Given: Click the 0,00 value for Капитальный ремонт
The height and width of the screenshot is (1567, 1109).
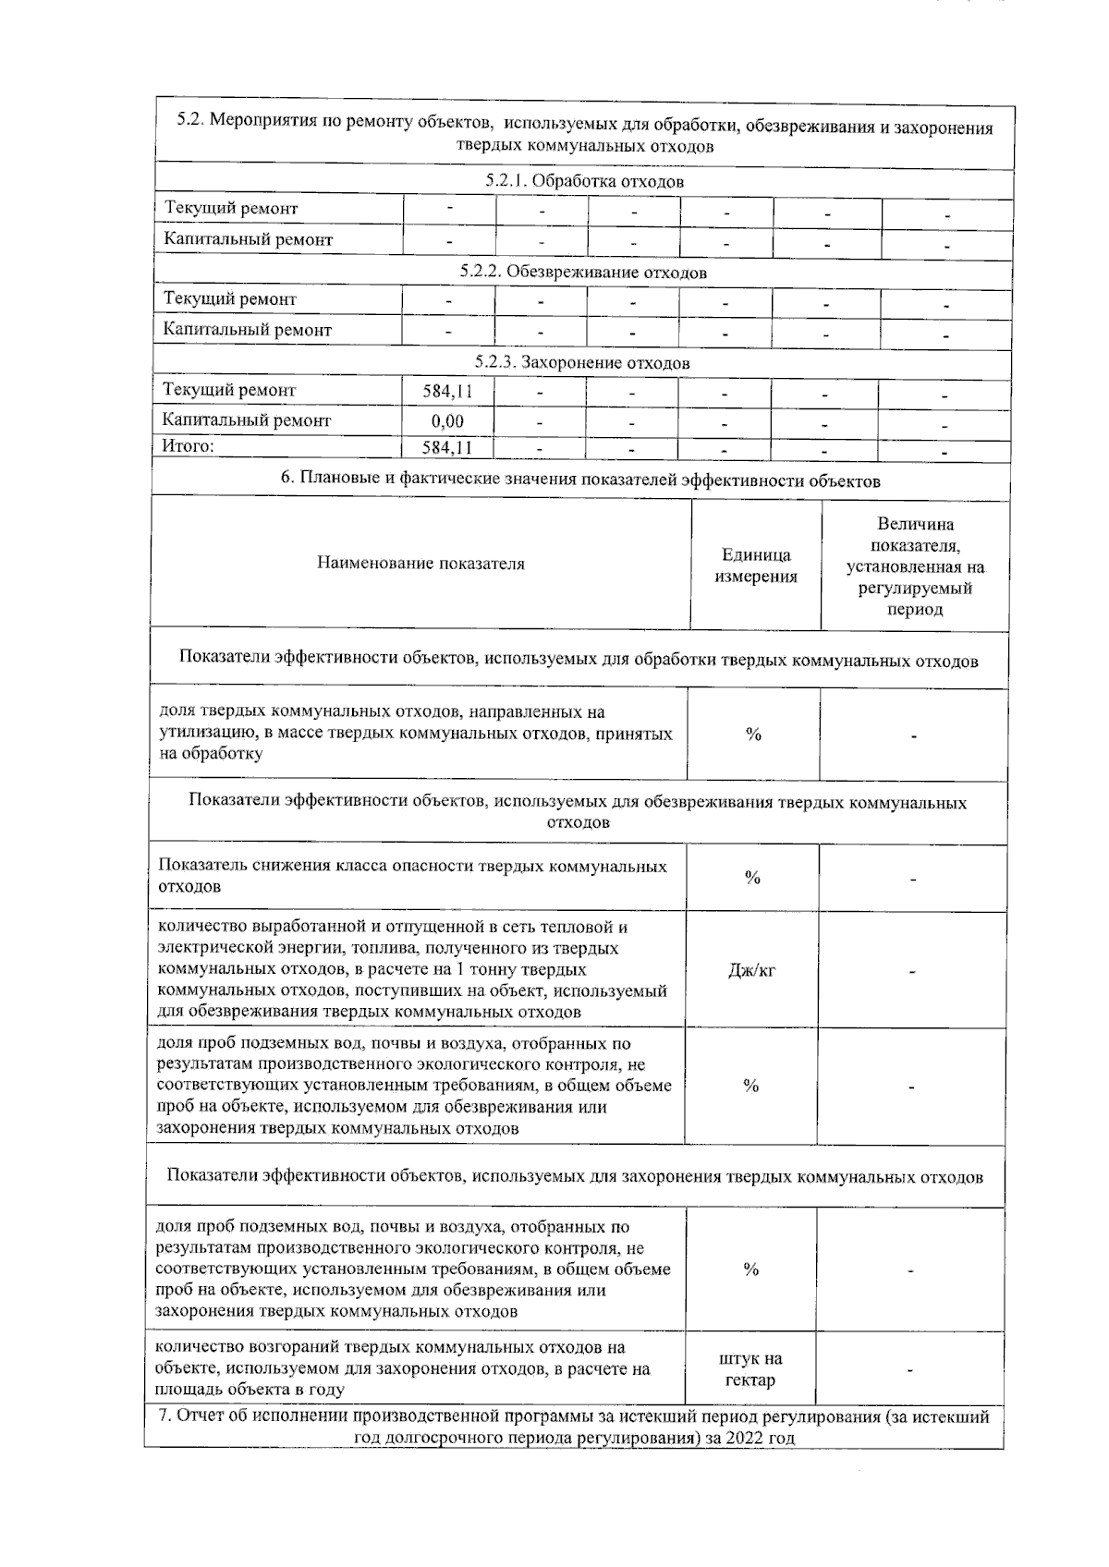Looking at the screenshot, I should [x=447, y=421].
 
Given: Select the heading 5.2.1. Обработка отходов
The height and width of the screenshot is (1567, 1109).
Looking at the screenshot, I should [x=584, y=182].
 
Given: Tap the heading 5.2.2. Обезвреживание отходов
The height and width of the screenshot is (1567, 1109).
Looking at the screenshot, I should [x=583, y=273].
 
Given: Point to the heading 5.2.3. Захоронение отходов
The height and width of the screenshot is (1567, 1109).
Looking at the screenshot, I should [x=582, y=363].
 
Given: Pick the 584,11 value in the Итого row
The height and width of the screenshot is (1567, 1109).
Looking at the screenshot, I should [x=447, y=449].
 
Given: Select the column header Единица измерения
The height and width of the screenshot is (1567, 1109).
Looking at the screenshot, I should [x=756, y=565].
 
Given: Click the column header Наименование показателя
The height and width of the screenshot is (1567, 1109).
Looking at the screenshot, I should [x=420, y=564].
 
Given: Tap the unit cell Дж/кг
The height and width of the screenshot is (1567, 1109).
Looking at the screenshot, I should [x=751, y=971].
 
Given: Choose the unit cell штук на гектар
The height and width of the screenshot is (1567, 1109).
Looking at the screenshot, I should [x=750, y=1369].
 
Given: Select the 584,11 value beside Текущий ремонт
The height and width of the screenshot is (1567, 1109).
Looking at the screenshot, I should [x=447, y=392].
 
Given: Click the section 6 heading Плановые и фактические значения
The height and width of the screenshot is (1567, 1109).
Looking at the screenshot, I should [x=580, y=480].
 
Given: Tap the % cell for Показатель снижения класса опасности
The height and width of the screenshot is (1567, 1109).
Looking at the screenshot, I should [x=752, y=878].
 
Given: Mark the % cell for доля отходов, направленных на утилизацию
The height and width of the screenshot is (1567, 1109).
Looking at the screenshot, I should [x=753, y=735].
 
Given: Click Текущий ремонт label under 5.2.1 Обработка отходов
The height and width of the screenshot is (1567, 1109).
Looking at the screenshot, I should [x=231, y=209].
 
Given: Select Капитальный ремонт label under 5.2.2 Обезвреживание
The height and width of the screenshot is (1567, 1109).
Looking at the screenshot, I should [x=247, y=330].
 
